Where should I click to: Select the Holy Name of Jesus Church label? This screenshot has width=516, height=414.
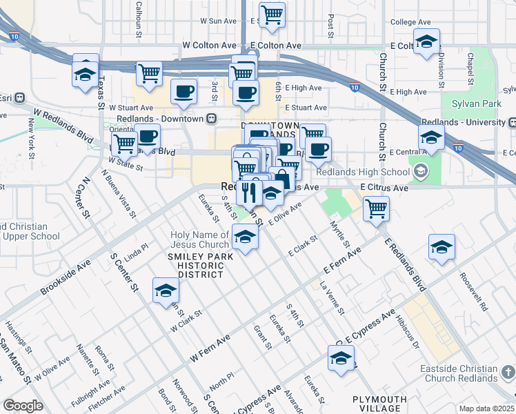[199, 239]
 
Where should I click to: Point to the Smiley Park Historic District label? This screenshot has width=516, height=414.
[196, 265]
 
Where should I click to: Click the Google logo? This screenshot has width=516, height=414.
[23, 406]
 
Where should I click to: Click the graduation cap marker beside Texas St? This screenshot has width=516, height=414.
[85, 73]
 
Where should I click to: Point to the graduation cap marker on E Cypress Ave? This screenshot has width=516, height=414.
[340, 359]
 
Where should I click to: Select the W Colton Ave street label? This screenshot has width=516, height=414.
[209, 45]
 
